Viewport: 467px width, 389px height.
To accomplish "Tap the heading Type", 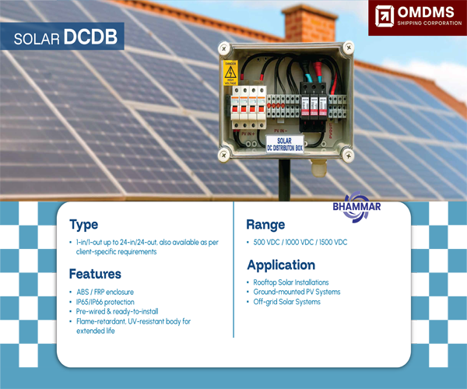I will (x=83, y=225).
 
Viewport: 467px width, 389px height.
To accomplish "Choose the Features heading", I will (x=95, y=274).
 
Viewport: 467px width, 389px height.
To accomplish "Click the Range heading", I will (x=265, y=225).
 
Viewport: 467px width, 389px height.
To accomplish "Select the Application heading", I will (x=280, y=265).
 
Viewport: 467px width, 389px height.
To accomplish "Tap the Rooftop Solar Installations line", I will (x=291, y=282).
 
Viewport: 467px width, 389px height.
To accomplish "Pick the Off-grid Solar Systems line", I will (x=286, y=302).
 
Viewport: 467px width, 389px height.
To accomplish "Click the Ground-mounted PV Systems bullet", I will (x=297, y=292).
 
